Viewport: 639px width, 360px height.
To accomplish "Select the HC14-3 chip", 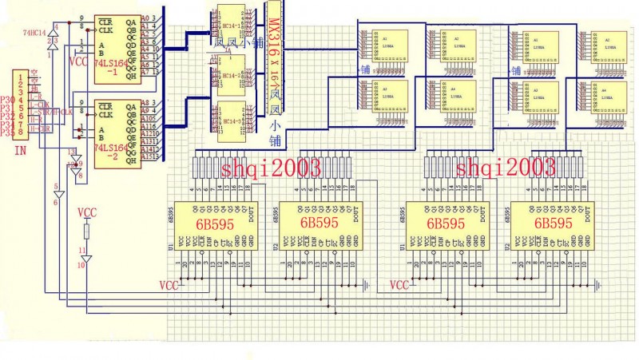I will click(226, 120).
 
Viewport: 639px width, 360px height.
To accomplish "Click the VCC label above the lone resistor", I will click(87, 213).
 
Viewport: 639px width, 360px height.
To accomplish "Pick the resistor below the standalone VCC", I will click(87, 231).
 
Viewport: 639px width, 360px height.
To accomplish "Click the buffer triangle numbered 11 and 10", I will click(87, 258).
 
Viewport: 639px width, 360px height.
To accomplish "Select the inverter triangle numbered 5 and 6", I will click(58, 195).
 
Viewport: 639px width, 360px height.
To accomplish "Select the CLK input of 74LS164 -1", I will click(105, 30).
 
